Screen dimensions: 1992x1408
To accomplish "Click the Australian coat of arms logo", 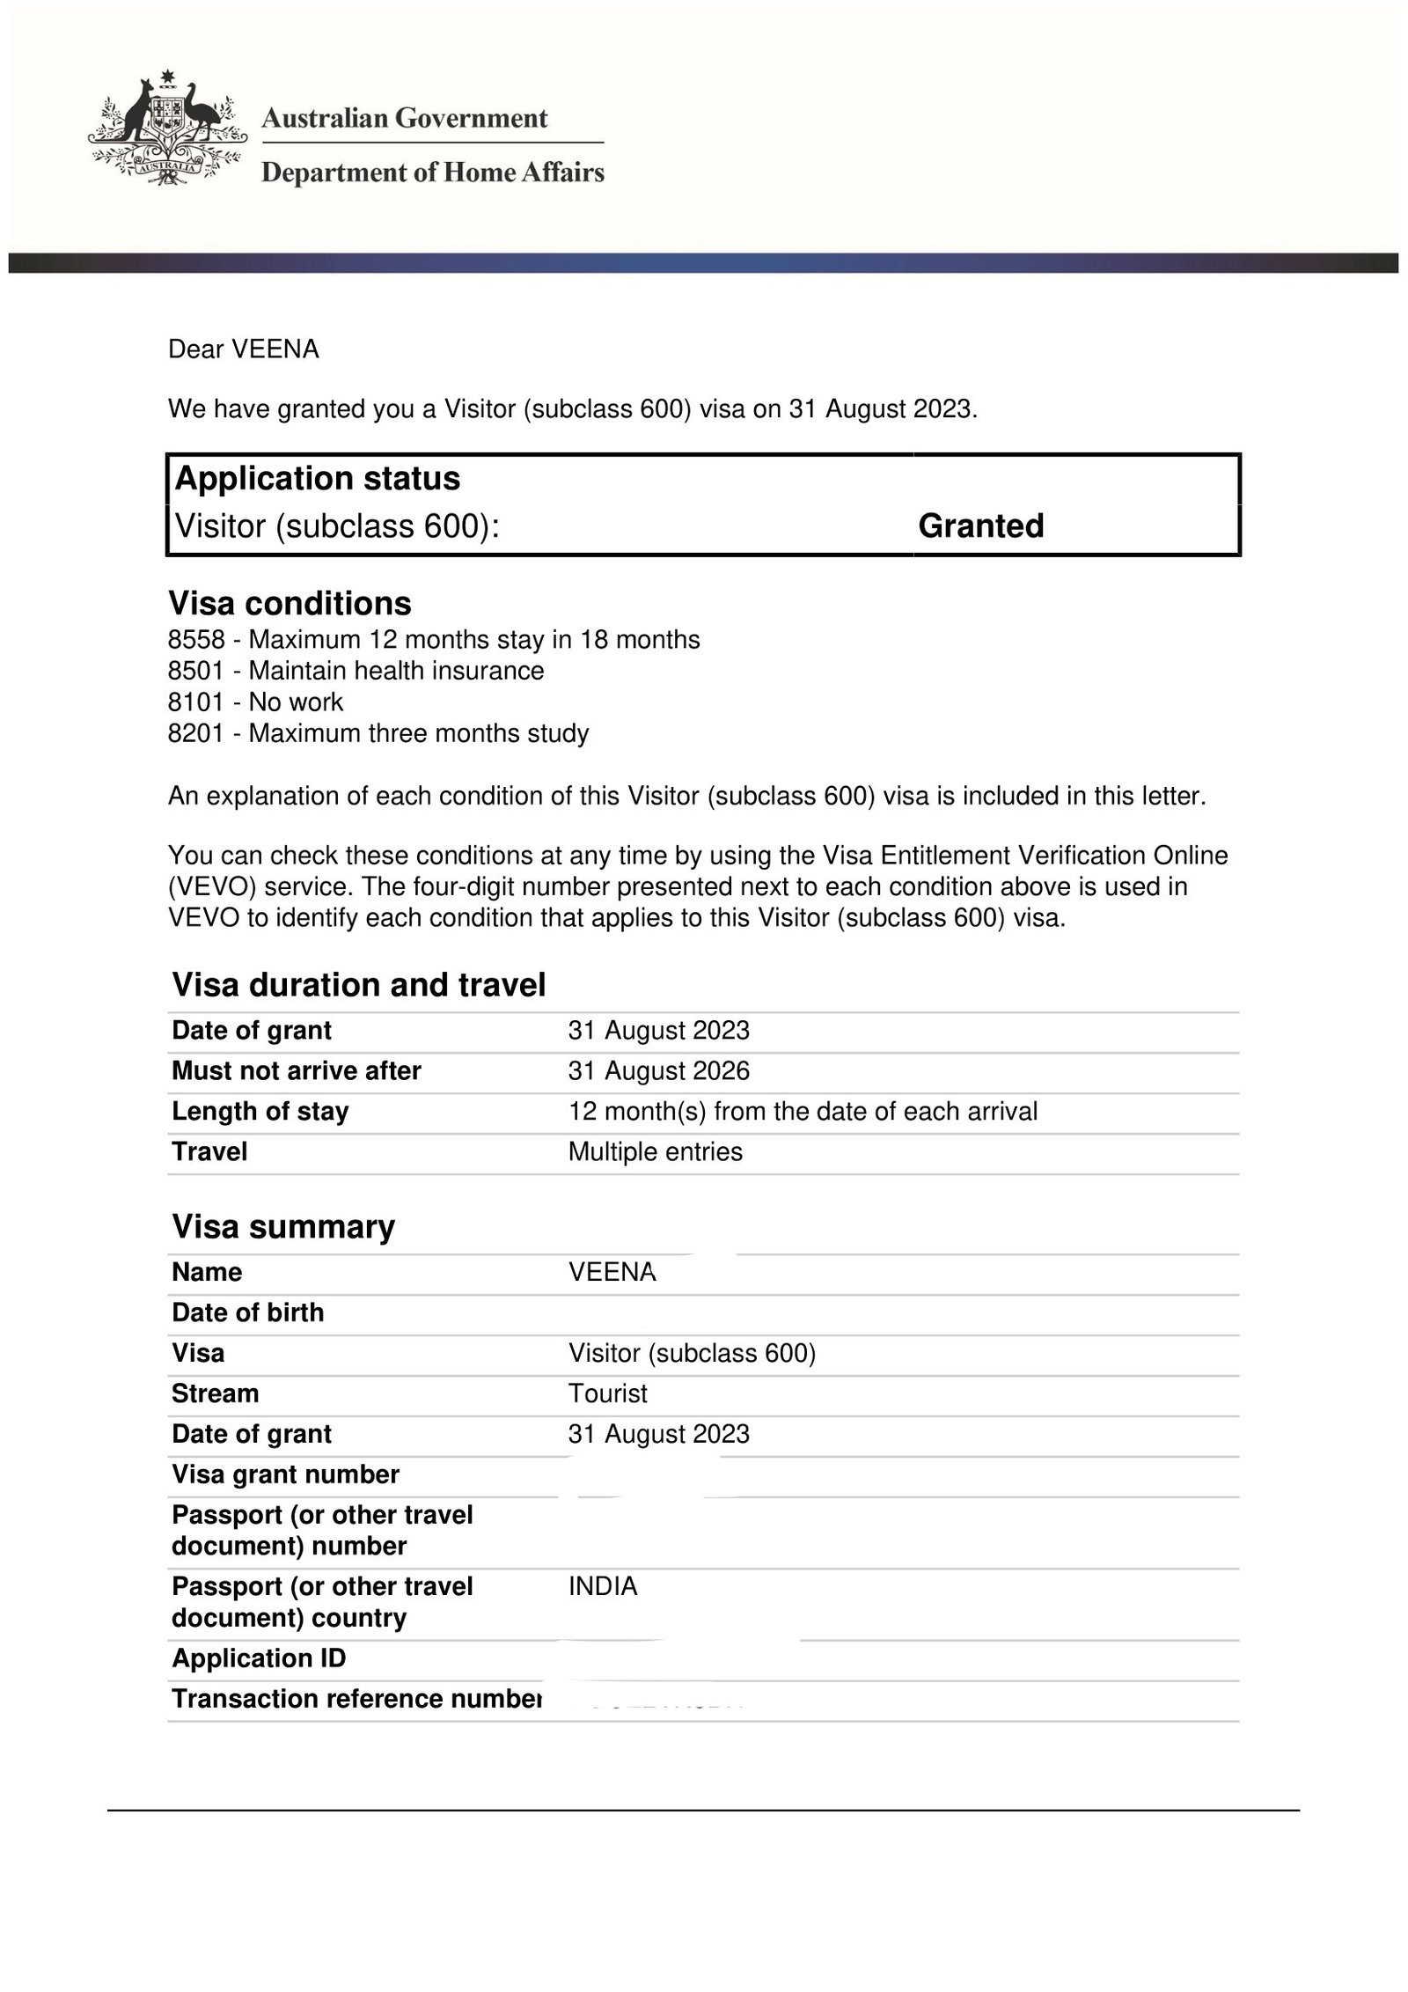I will coord(165,129).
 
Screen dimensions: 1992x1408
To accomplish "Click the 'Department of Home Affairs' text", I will coord(433,172).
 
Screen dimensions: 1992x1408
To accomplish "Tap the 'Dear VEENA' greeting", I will coord(243,349).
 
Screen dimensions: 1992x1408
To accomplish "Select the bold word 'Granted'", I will coord(980,526).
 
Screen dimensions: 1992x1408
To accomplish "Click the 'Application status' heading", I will coord(318,478).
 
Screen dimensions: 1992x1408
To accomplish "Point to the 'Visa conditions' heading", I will coord(290,603).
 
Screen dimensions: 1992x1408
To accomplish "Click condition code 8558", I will coord(195,640).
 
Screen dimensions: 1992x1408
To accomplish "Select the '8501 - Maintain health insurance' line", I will coord(356,671).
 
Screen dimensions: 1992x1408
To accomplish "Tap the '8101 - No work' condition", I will coord(255,702).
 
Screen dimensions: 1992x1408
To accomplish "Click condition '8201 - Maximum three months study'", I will coord(378,733).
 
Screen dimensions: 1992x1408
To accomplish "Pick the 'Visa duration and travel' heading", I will coord(359,984).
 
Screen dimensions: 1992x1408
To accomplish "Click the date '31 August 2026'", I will coord(658,1071).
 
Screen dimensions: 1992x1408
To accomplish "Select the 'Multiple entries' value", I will coord(655,1152).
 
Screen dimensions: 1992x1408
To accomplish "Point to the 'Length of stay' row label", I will coord(260,1112).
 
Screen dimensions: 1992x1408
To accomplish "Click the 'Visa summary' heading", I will coord(283,1226).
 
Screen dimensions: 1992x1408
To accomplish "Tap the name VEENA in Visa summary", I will coord(612,1273).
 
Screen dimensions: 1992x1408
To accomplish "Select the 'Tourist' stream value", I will coord(607,1393).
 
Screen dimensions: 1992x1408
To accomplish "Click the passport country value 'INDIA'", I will coord(603,1586).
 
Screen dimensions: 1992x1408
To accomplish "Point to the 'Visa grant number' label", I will coord(285,1474).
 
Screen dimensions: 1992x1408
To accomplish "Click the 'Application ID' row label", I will coord(259,1658).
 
